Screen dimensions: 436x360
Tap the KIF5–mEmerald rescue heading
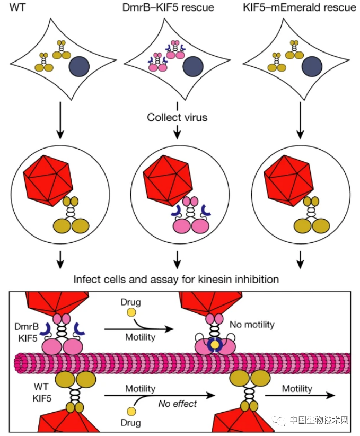[x=299, y=8]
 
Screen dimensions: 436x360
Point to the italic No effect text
[x=177, y=404]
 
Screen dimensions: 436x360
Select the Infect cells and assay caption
[x=176, y=278]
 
